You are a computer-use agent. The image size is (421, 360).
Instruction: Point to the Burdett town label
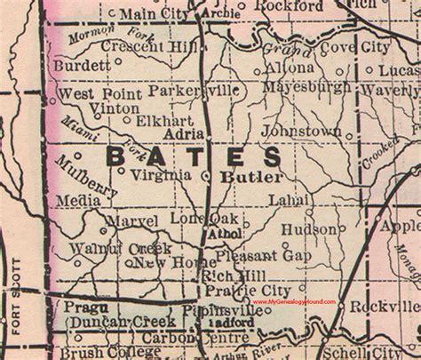(x=82, y=65)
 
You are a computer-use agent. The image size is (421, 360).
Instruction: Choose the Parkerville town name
(x=194, y=91)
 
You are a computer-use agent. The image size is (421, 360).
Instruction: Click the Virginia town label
(x=161, y=175)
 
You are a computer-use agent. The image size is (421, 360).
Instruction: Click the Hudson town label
(x=308, y=229)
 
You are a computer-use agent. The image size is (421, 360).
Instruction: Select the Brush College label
(x=99, y=352)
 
